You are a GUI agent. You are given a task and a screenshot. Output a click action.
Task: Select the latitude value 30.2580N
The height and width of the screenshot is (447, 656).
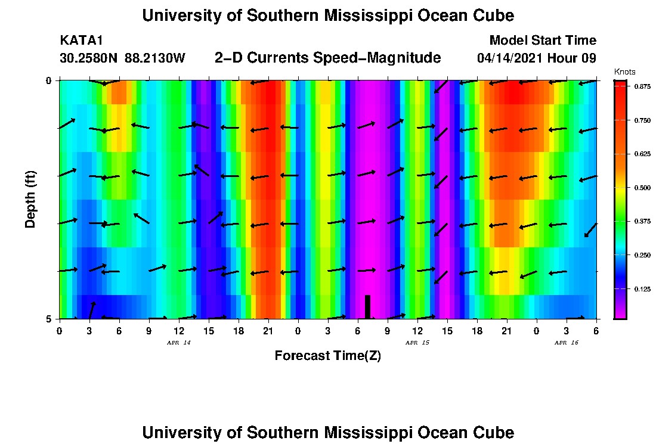point(89,58)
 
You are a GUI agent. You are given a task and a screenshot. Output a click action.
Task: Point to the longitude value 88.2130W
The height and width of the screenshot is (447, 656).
point(155,58)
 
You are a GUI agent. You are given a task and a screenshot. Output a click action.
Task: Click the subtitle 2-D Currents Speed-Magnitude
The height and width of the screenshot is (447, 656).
point(327,58)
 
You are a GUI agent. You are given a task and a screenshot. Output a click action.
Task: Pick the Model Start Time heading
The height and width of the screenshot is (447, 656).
point(543,41)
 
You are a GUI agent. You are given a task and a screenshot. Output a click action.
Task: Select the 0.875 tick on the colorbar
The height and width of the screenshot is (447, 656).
point(642,86)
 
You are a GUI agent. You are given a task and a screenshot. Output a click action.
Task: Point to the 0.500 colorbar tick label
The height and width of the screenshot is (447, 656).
point(642,188)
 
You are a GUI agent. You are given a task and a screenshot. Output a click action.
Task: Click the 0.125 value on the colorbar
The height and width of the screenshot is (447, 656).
point(642,289)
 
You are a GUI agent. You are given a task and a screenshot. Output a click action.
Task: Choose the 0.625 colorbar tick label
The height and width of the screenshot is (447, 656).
point(642,154)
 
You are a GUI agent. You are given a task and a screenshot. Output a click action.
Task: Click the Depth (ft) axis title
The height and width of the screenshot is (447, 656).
point(30,199)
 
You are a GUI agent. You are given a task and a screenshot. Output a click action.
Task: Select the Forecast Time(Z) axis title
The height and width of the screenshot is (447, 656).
point(327,356)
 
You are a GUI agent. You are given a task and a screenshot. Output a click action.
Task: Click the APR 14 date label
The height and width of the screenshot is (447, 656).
point(179,343)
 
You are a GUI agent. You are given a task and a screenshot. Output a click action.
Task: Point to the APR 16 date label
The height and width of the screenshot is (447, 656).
point(567,343)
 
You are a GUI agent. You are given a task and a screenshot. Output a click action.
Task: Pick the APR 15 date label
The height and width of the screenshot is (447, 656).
point(417,343)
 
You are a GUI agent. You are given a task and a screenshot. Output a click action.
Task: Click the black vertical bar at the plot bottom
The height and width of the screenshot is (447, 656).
point(367,306)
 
